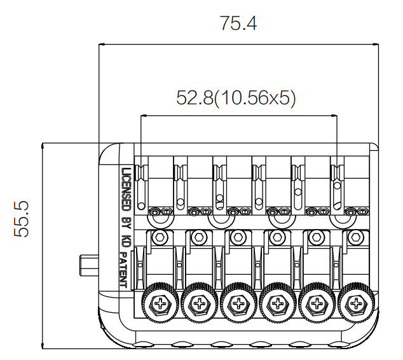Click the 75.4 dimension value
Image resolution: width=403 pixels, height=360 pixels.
tap(238, 24)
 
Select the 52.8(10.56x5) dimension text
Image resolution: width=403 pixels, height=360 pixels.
tap(236, 98)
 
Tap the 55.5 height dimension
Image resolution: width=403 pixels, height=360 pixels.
tap(21, 219)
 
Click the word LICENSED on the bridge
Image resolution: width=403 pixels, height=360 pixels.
tap(126, 190)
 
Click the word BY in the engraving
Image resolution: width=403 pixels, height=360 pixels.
tap(126, 223)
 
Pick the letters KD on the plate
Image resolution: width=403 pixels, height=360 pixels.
tap(126, 240)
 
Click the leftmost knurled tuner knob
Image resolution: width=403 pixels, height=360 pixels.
tap(160, 303)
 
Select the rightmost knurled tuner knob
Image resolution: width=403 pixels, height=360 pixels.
tap(356, 303)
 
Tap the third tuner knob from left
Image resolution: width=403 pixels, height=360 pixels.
tap(239, 303)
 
